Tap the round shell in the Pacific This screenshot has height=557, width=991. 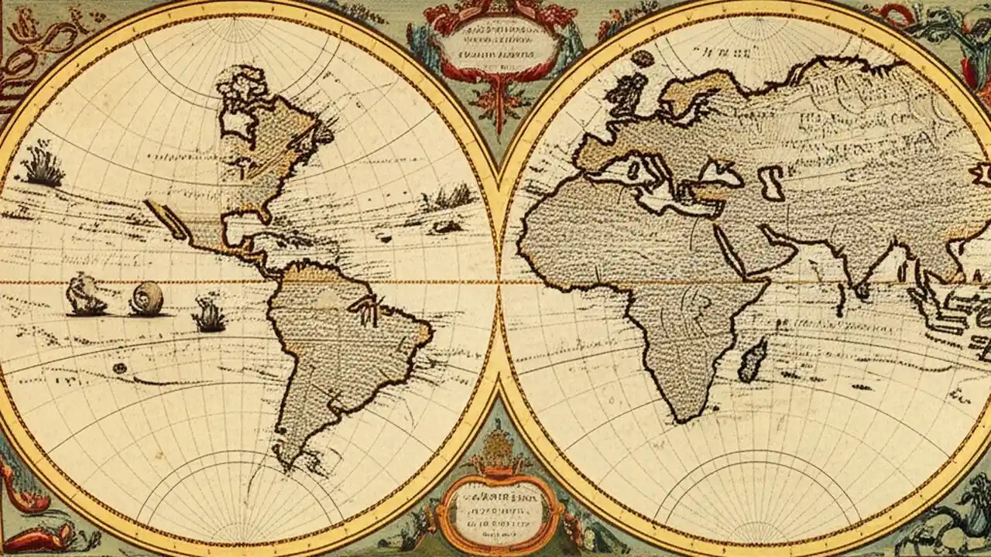click(x=146, y=299)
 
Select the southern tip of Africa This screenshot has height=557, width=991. click(x=682, y=419)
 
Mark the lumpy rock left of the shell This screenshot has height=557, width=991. click(x=84, y=296)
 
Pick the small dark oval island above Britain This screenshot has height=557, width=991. click(x=642, y=59)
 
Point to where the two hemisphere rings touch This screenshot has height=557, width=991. click(x=498, y=282)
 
